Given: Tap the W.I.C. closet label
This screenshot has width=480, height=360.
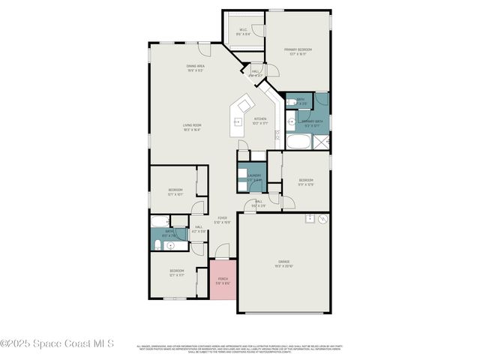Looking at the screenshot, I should point(243,32).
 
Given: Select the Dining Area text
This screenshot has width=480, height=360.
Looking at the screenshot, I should point(196,67).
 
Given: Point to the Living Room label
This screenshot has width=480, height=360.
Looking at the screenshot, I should point(192,127).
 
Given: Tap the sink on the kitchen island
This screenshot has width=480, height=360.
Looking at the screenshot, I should point(239,121).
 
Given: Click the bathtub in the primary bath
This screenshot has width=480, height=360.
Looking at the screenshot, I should point(300,142).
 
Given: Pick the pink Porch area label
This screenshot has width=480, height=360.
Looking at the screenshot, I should point(222,281).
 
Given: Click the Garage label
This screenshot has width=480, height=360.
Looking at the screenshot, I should point(283,263).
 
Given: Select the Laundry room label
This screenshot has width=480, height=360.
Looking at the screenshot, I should point(255,177).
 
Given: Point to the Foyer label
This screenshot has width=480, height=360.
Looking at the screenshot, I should point(222,220).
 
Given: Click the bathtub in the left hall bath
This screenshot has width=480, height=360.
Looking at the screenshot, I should point(159,220).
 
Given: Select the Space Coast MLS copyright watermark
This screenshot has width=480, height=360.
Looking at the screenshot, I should point(57,344).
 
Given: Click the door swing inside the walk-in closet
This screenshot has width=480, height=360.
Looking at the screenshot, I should point(257,31).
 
